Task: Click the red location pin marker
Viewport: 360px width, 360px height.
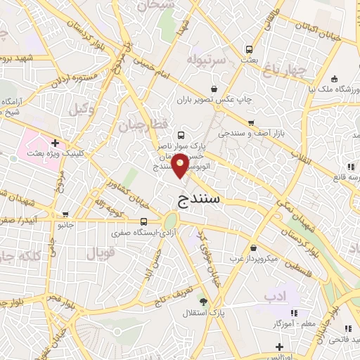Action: click(x=181, y=165)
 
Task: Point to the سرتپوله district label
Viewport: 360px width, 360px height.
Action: click(x=207, y=60)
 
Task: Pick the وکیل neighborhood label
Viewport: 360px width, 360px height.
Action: click(x=82, y=109)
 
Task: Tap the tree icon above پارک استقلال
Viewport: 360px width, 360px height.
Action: click(x=204, y=301)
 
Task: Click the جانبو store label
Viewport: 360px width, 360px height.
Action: click(x=65, y=225)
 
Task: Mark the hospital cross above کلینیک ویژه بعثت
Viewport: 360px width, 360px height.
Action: click(x=55, y=143)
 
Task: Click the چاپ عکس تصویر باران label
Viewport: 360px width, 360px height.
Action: click(x=214, y=99)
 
